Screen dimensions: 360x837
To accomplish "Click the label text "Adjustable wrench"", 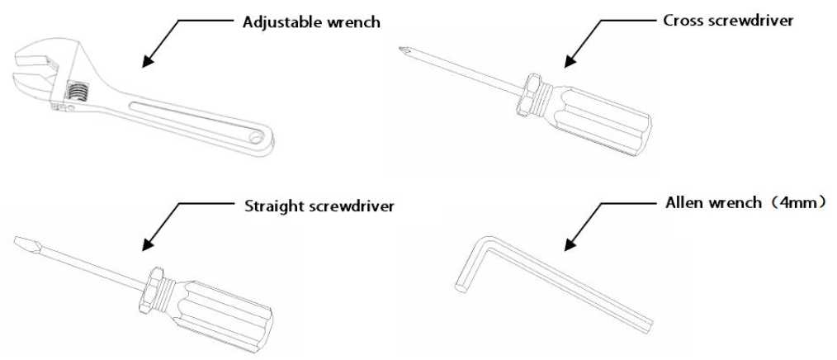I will coord(311,22).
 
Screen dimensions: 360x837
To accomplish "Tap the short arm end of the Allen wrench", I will coord(460,289).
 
